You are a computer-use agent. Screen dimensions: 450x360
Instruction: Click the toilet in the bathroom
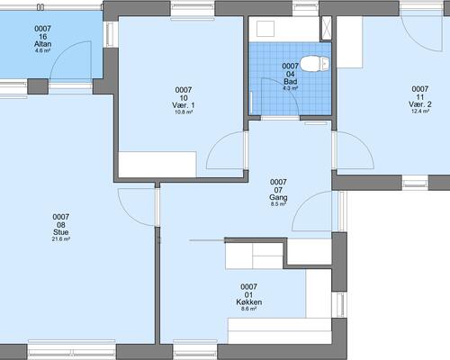[x=314, y=64]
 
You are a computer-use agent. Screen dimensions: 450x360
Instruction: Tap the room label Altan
[x=42, y=44]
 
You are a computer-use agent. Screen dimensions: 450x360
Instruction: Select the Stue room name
[x=61, y=232]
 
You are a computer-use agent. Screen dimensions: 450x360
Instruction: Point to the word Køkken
[x=249, y=302]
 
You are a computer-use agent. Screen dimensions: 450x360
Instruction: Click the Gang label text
[x=278, y=197]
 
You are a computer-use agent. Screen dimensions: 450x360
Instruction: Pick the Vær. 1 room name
[x=184, y=105]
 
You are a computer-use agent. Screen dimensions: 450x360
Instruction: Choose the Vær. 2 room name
[x=420, y=104]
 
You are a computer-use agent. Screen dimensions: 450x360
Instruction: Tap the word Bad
[x=291, y=82]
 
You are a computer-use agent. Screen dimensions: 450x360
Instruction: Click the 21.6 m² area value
[x=61, y=239]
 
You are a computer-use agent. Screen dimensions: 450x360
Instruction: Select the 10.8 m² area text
[x=184, y=112]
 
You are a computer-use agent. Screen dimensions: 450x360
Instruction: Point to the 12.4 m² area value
[x=420, y=112]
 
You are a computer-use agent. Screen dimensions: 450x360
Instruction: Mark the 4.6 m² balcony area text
[x=42, y=50]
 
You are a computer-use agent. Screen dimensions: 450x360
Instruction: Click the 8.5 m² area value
[x=278, y=204]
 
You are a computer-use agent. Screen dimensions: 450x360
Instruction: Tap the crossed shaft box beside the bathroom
[x=326, y=28]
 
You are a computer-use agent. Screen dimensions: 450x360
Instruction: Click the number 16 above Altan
[x=42, y=37]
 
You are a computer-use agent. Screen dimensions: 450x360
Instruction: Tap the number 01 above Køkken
[x=248, y=295]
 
